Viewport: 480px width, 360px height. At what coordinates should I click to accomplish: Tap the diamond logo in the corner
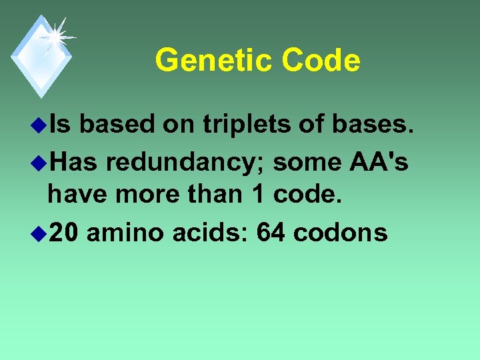click(41, 56)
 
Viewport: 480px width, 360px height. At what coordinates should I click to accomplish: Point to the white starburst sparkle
click(55, 35)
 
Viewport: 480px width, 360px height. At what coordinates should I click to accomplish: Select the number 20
click(63, 232)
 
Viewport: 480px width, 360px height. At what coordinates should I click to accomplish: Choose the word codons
click(340, 232)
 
